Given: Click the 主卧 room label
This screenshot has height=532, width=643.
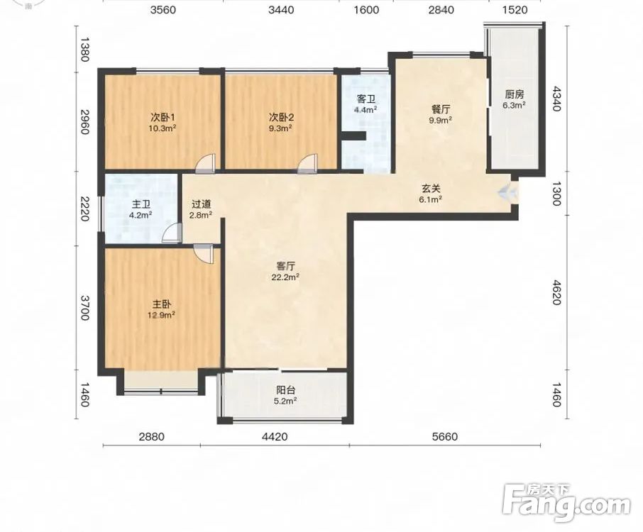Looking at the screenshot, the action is [162, 304].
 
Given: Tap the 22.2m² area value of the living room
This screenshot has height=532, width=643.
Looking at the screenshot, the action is [285, 277].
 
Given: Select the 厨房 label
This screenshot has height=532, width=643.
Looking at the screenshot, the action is [515, 94].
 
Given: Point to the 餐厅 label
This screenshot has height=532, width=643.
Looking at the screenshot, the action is [441, 109].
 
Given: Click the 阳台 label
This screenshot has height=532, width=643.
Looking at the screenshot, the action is [285, 391].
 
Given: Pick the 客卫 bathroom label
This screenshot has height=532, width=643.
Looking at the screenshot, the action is [366, 99].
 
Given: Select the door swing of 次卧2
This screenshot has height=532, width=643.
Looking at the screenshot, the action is [307, 162].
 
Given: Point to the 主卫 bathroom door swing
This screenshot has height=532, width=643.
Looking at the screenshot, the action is [172, 233].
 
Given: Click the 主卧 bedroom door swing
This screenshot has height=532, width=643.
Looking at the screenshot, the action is [204, 253].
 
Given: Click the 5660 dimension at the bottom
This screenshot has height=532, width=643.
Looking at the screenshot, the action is [444, 437].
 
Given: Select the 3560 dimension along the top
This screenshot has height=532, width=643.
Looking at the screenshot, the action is [163, 9].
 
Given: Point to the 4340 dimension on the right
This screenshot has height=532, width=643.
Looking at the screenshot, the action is [556, 99].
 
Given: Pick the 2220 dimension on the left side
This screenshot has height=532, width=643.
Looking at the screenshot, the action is [84, 209].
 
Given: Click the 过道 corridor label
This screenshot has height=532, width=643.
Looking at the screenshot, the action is [202, 204].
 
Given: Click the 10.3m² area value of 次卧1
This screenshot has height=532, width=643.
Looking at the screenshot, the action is [162, 128].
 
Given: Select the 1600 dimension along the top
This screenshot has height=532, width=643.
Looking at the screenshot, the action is [366, 9].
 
